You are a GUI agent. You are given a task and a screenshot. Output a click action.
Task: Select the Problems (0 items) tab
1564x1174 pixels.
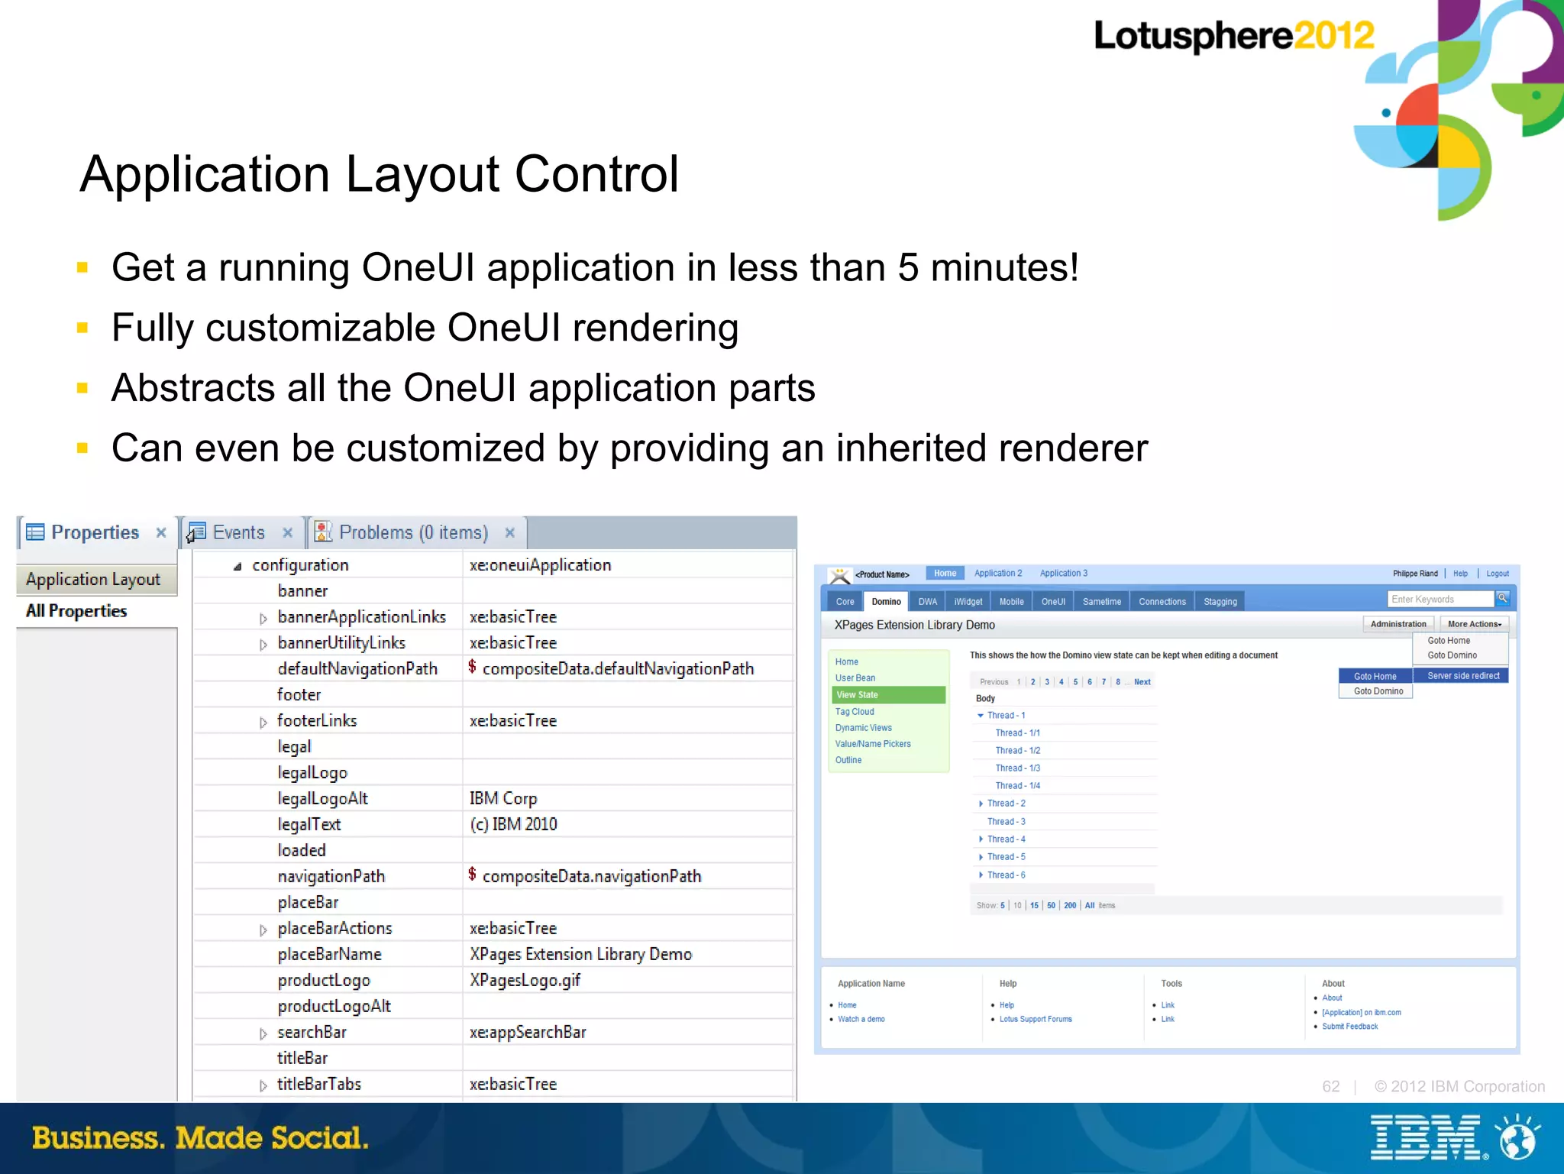click(x=412, y=532)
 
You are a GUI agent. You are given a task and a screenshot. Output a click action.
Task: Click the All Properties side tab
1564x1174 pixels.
click(x=76, y=611)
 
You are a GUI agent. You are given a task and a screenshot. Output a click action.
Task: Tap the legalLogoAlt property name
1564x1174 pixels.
click(x=322, y=799)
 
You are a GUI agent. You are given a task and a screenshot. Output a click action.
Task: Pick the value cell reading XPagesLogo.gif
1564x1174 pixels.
click(x=525, y=981)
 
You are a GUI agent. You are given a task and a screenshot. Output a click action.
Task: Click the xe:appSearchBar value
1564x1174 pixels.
click(x=528, y=1033)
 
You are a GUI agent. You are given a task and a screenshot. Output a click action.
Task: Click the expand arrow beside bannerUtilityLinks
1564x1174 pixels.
click(x=263, y=645)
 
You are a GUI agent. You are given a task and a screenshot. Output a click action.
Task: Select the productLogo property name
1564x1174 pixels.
click(x=324, y=981)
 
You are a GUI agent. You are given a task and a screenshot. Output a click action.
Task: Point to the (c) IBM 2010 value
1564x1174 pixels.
click(x=513, y=825)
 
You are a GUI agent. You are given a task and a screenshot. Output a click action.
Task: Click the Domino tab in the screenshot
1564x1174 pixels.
click(x=886, y=602)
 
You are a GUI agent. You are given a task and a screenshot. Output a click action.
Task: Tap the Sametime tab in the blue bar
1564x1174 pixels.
click(x=1101, y=602)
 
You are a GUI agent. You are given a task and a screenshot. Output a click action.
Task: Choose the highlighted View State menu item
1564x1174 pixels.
click(x=857, y=695)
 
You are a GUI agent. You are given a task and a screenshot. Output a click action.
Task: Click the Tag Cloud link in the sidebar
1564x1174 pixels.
click(x=855, y=712)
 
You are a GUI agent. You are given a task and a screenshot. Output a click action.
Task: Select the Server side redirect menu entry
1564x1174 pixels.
click(x=1463, y=676)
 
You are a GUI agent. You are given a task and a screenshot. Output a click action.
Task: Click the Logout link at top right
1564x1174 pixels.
click(x=1497, y=574)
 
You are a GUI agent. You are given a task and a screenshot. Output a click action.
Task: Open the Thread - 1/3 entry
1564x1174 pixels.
click(x=1017, y=768)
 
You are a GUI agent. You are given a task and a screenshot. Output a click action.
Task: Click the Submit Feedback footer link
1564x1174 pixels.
click(x=1349, y=1027)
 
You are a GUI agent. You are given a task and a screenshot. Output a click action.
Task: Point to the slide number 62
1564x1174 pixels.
click(x=1330, y=1087)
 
